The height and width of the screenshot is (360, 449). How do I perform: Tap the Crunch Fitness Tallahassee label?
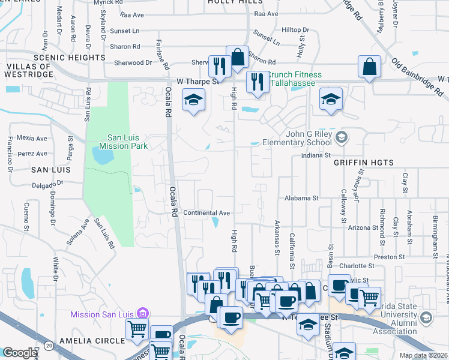294,79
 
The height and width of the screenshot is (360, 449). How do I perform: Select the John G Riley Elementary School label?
297,138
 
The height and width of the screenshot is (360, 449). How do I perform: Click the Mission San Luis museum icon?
142,313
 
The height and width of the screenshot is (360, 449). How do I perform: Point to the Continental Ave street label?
206,213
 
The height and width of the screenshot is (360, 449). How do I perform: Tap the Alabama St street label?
301,198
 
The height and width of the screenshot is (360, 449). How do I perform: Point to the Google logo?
19,353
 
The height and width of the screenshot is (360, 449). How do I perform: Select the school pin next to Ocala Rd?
193,100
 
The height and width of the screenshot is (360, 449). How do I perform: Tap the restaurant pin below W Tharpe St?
258,83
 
